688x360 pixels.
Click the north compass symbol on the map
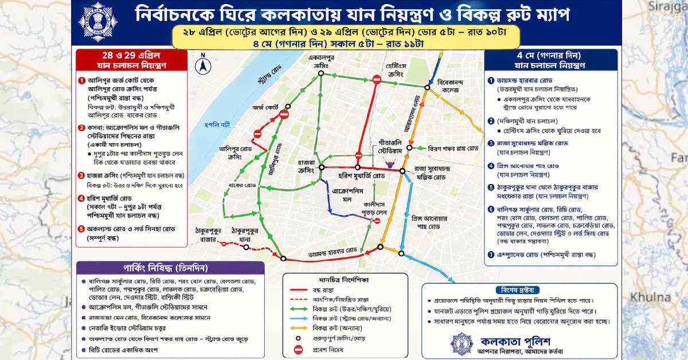(203, 65)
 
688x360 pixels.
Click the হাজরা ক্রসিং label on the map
(301, 158)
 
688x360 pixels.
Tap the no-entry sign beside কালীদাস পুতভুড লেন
(377, 221)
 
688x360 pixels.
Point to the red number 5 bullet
(82, 229)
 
